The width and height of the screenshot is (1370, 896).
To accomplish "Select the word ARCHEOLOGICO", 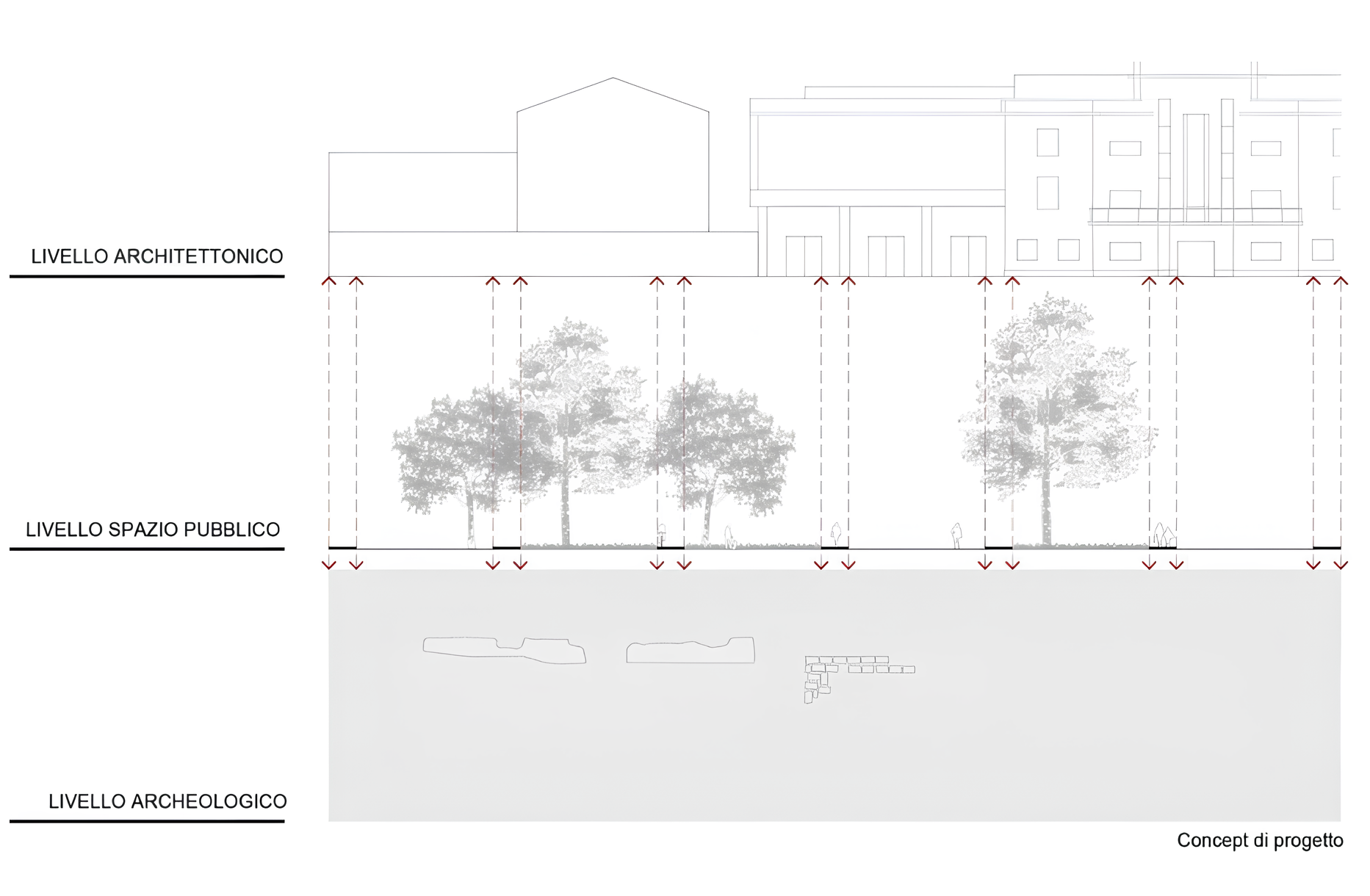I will point(208,801).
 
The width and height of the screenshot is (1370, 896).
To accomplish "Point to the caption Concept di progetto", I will point(1260,840).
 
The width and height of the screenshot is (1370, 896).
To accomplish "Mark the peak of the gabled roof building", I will point(613,79).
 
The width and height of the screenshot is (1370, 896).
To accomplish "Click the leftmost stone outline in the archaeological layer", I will point(504,649).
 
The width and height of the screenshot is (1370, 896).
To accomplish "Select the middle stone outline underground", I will point(690,651).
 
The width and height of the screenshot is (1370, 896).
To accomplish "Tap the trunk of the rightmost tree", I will point(1045,514).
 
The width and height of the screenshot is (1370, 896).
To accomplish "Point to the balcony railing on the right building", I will point(1195,215).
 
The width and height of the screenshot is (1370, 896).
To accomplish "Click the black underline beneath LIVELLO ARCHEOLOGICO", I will point(147,821).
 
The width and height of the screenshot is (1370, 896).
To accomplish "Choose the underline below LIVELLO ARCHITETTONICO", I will point(147,276).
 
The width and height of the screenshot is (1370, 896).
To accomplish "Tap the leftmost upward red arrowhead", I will point(329,281).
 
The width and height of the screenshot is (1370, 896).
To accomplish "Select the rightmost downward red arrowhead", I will point(1341,565).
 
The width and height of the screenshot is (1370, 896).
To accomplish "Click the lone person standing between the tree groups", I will point(956,535).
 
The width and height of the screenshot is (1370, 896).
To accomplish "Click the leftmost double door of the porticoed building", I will point(804,256).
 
